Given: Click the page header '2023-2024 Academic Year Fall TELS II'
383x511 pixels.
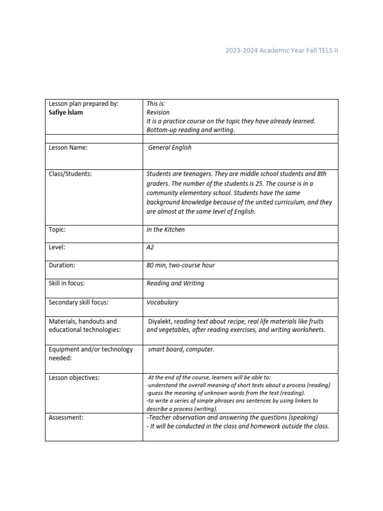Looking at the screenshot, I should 281,51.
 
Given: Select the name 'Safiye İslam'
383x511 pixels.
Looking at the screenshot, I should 66,112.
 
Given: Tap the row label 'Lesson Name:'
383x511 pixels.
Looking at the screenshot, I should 68,148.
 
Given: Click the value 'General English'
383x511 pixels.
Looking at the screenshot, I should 170,148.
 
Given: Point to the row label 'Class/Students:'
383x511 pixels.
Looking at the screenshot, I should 70,174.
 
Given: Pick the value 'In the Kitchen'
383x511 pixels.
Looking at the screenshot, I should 166,230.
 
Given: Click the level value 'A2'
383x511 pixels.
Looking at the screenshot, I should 151,248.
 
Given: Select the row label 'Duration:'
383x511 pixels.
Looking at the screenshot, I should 62,265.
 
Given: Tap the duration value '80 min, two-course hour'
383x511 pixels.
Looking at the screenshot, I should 181,265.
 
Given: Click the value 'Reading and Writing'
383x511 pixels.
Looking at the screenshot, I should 175,283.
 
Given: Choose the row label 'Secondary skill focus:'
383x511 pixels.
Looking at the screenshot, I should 78,302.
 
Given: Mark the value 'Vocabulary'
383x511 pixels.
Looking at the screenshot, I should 162,302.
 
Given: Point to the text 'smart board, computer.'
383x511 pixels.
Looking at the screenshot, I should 181,349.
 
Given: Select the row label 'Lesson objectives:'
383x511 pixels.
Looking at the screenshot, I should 74,378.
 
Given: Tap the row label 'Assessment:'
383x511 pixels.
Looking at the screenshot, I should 66,417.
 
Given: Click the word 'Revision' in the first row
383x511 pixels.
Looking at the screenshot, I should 158,112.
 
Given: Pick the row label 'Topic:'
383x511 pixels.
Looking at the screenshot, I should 57,230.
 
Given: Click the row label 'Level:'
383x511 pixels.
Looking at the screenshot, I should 57,248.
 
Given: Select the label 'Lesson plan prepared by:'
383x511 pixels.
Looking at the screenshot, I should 83,104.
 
